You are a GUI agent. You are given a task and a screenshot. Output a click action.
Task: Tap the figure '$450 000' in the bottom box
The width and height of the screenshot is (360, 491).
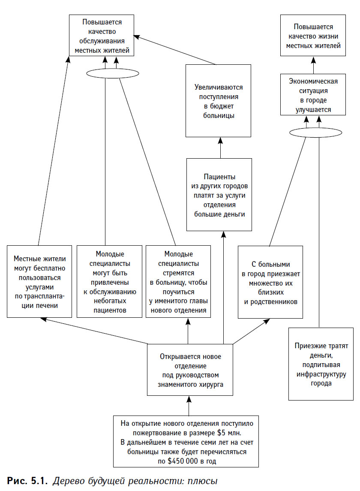point(183,461)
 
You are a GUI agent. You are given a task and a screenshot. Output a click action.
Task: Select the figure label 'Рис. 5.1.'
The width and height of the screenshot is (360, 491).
point(27,481)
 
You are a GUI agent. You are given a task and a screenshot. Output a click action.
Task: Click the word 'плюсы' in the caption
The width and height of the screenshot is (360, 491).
point(202,481)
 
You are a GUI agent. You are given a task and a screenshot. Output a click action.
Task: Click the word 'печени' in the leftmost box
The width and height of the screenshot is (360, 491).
point(47,306)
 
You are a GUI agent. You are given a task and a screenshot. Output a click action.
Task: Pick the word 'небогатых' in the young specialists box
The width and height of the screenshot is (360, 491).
point(110,301)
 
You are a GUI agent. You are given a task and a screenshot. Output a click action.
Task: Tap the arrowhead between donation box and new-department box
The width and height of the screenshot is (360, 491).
point(189,399)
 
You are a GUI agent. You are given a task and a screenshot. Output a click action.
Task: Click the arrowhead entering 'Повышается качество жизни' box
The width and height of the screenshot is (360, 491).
point(313,60)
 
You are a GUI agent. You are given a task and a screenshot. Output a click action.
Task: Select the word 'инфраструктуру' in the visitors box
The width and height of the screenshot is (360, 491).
point(321,374)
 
